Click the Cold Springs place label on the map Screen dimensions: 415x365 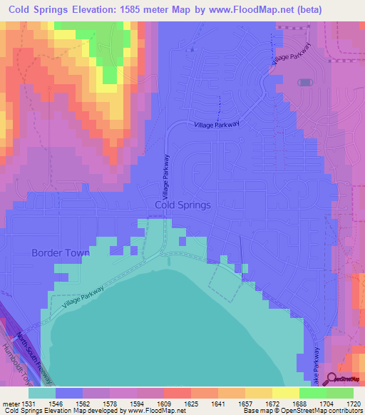pyautogui.click(x=182, y=205)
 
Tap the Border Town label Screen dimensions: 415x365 pyautogui.click(x=61, y=252)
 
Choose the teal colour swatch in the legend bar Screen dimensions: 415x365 pyautogui.click(x=42, y=393)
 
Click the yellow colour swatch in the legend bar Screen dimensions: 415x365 pyautogui.click(x=285, y=393)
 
